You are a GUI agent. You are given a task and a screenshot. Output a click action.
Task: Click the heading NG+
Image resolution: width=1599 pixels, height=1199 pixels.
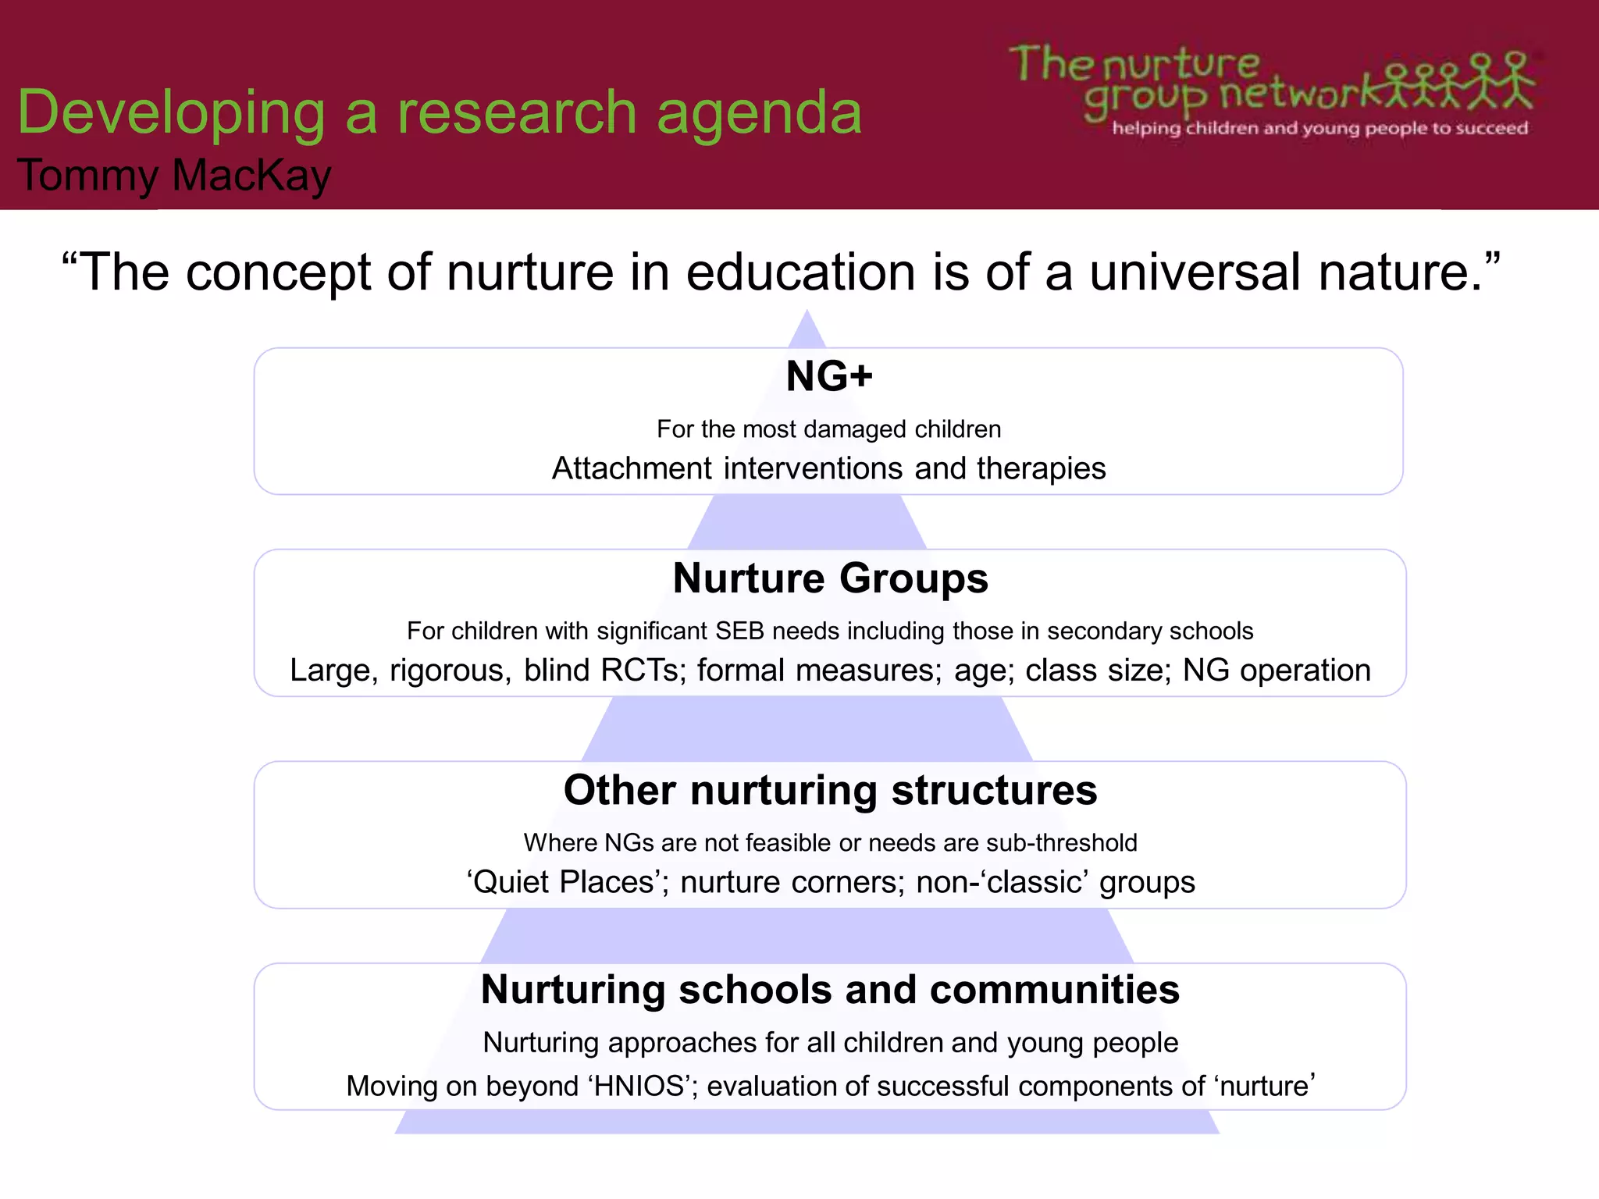pyautogui.click(x=829, y=376)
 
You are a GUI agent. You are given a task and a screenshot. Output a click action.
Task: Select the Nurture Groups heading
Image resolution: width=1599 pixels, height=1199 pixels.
pyautogui.click(x=830, y=578)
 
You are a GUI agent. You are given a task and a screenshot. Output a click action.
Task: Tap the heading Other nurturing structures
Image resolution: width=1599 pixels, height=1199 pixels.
pyautogui.click(x=830, y=790)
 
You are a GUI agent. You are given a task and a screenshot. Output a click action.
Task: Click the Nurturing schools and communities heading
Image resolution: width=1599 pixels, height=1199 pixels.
pyautogui.click(x=830, y=990)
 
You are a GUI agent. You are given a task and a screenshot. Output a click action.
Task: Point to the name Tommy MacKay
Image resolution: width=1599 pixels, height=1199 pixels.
pyautogui.click(x=174, y=175)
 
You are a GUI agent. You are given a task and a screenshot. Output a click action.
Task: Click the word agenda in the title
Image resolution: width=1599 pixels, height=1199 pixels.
pyautogui.click(x=759, y=112)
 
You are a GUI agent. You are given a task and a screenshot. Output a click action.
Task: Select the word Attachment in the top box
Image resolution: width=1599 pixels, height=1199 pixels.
pyautogui.click(x=632, y=468)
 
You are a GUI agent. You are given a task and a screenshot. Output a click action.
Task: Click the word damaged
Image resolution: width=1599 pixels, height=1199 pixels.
pyautogui.click(x=855, y=429)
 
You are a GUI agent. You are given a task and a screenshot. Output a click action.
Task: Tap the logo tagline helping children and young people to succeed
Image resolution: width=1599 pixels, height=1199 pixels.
pyautogui.click(x=1319, y=128)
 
